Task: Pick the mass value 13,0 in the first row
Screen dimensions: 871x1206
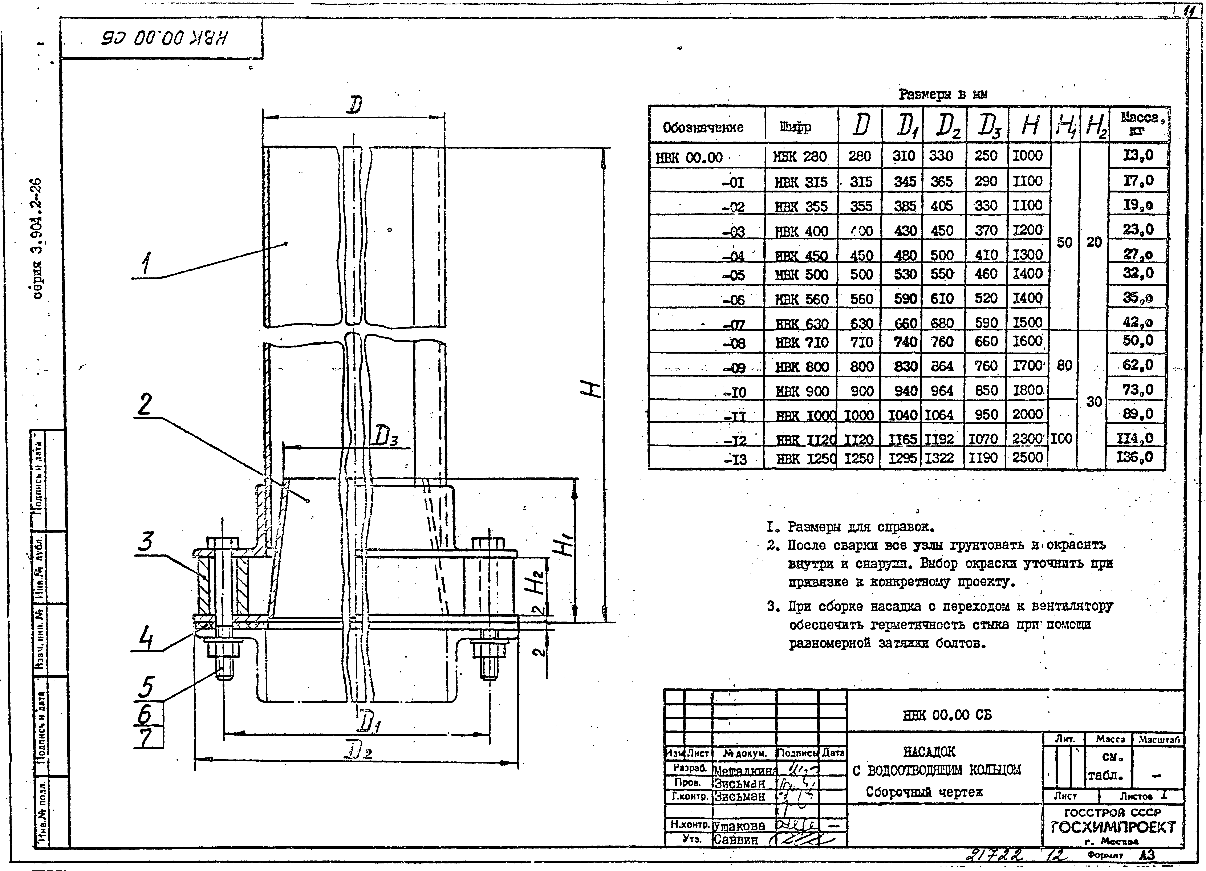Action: pyautogui.click(x=1138, y=155)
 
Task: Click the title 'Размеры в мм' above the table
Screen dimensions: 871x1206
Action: pyautogui.click(x=943, y=95)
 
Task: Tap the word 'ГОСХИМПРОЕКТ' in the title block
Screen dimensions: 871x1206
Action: pyautogui.click(x=1113, y=827)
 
